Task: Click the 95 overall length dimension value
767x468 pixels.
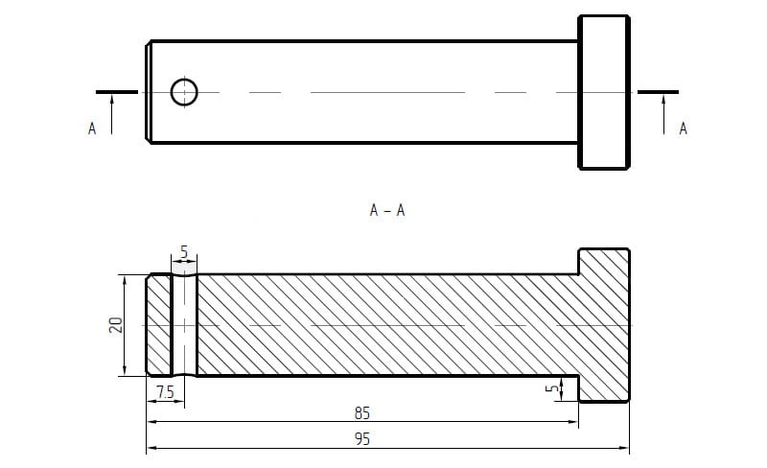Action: (362, 439)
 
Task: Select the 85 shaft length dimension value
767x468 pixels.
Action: (362, 413)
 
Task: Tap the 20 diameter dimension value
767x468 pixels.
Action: (115, 325)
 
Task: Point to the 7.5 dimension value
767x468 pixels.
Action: (165, 392)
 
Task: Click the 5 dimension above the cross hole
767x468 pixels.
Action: (184, 252)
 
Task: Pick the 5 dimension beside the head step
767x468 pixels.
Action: (552, 388)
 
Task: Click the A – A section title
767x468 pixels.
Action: (387, 210)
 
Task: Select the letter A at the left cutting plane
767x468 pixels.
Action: (92, 129)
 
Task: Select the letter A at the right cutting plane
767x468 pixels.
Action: (684, 129)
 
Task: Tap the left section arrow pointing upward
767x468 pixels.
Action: (112, 114)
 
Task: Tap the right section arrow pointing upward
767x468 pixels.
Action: (663, 114)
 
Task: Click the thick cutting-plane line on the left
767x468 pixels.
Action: (116, 91)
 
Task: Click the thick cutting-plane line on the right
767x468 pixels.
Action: (658, 91)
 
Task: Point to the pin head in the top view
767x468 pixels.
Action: (604, 92)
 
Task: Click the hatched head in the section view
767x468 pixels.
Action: (604, 325)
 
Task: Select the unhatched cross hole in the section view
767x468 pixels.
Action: (184, 325)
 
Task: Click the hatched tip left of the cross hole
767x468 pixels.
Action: (159, 325)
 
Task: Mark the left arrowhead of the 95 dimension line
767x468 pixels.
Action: (152, 448)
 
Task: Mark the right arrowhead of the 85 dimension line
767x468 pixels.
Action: (572, 421)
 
